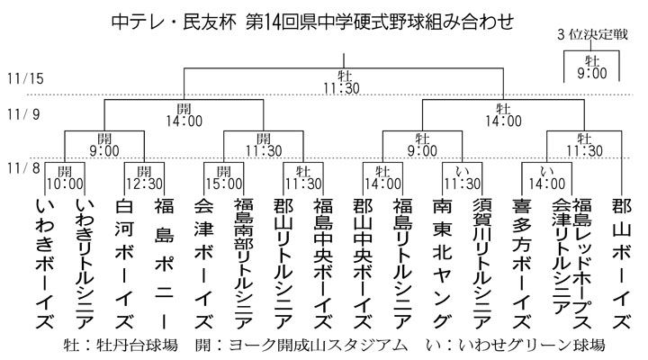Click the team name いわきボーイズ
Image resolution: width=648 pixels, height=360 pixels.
click(45, 265)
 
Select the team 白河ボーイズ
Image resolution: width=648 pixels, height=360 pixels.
click(124, 265)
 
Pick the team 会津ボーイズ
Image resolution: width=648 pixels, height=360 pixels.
click(203, 265)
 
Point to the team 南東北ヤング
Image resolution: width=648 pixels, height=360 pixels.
click(440, 265)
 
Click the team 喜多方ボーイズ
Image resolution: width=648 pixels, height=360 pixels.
click(519, 265)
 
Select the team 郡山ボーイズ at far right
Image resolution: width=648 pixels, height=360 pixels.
click(620, 265)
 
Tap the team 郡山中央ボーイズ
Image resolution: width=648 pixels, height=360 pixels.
click(362, 265)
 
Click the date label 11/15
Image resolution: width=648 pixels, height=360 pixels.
click(24, 78)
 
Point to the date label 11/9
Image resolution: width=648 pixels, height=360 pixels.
click(22, 114)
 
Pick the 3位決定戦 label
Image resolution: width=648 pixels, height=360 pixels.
click(594, 35)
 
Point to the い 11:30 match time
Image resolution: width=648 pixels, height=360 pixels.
click(460, 176)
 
